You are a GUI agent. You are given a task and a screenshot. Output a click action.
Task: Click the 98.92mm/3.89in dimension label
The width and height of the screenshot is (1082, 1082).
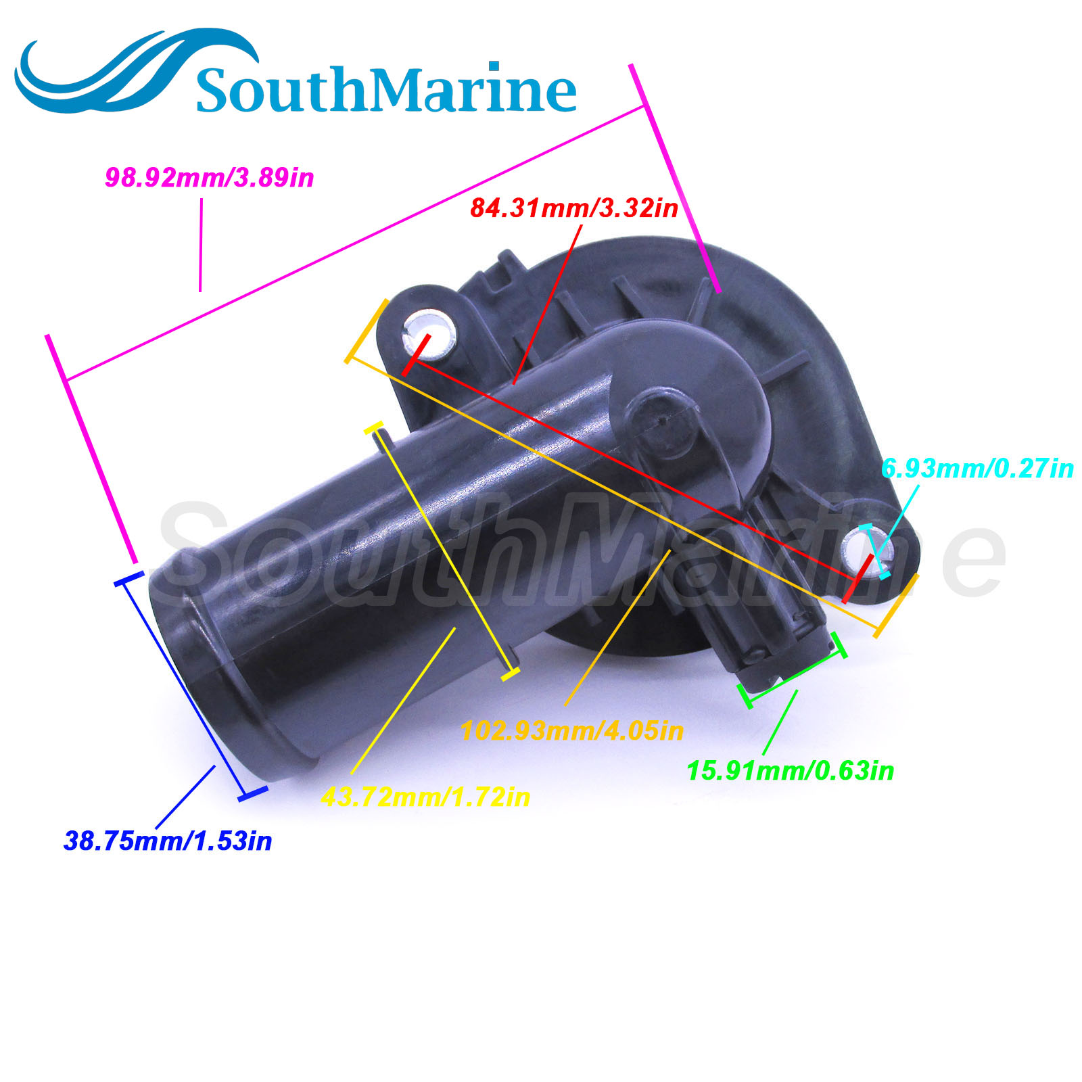pyautogui.click(x=209, y=178)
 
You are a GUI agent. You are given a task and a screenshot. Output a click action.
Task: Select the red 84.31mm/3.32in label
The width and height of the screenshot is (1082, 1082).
pyautogui.click(x=573, y=208)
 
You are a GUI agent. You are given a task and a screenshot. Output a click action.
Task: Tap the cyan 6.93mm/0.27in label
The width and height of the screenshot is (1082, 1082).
pyautogui.click(x=977, y=468)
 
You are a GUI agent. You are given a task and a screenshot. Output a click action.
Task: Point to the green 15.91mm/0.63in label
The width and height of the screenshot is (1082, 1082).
pyautogui.click(x=790, y=771)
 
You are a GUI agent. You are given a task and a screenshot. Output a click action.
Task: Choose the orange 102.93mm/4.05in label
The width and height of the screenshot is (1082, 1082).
pyautogui.click(x=571, y=731)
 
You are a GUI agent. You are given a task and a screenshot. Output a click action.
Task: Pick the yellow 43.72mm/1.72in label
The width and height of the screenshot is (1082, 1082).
pyautogui.click(x=425, y=797)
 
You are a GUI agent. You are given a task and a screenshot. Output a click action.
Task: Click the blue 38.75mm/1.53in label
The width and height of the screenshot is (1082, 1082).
pyautogui.click(x=168, y=841)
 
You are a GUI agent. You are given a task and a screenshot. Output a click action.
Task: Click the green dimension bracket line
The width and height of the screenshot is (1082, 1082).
pyautogui.click(x=795, y=669)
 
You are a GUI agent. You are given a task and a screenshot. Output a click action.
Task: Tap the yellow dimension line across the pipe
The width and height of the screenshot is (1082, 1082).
pyautogui.click(x=443, y=551)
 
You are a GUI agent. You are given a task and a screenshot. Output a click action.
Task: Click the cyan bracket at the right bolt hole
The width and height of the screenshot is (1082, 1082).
pyautogui.click(x=876, y=550)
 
